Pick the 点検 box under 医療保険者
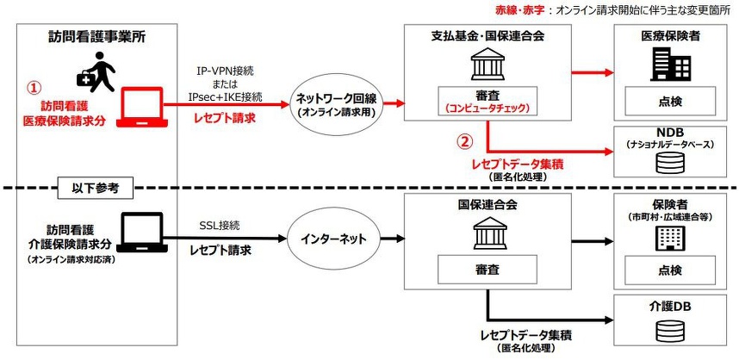coord(674,102)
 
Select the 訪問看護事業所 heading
coord(96,38)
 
